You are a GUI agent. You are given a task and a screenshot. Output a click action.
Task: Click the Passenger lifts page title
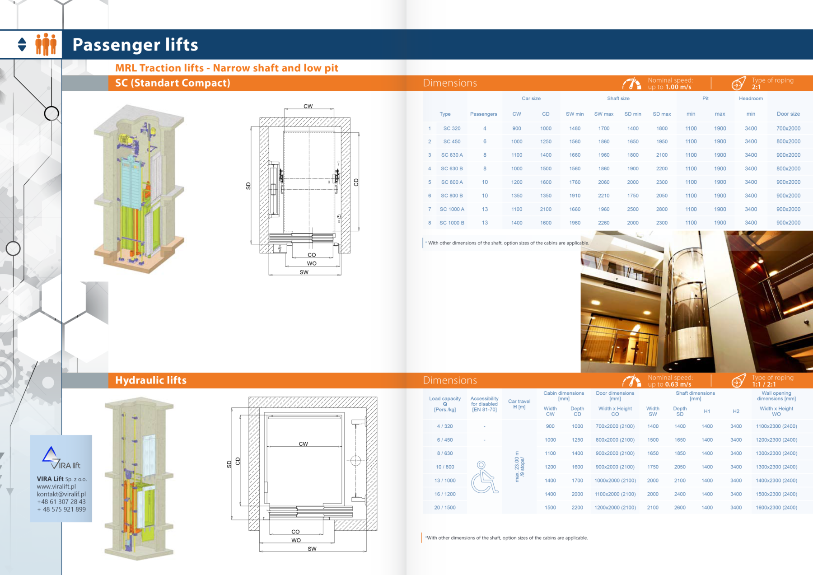click(x=135, y=45)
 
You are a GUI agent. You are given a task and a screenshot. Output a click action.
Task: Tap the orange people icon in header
click(x=46, y=44)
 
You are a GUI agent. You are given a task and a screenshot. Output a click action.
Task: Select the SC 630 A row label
click(x=452, y=155)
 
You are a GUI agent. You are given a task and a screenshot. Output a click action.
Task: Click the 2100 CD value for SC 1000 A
click(x=546, y=209)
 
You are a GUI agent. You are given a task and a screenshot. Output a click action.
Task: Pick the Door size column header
click(x=788, y=114)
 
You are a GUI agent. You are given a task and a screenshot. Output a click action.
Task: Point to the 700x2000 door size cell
click(x=788, y=128)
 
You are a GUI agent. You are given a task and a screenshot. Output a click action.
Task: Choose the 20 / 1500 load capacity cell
click(x=444, y=508)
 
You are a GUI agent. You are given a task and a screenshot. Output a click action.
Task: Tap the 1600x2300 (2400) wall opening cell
click(x=776, y=508)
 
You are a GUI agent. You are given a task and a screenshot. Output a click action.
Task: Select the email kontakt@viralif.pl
click(x=61, y=494)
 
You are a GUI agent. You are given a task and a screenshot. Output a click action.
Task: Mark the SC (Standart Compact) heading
click(x=173, y=83)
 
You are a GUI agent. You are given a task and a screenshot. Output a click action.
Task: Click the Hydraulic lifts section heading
click(x=151, y=380)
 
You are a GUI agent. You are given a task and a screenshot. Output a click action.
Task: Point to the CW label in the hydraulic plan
click(x=303, y=444)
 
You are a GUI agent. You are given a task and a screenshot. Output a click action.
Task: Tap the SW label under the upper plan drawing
click(x=304, y=272)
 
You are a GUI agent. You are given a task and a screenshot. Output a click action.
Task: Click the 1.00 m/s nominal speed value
click(x=678, y=87)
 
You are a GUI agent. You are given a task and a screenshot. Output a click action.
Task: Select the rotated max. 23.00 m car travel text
click(x=517, y=467)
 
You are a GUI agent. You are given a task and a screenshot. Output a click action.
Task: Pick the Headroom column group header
click(x=751, y=98)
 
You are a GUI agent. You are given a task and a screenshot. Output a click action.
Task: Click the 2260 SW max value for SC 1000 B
click(x=603, y=223)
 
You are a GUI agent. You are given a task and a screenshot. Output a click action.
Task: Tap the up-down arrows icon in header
click(x=22, y=44)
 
